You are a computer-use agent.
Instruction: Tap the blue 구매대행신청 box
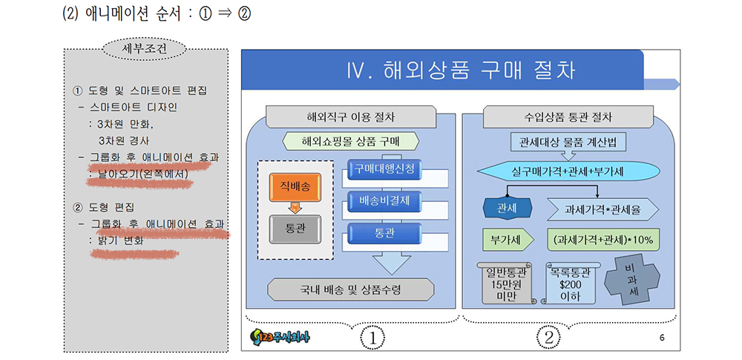384,169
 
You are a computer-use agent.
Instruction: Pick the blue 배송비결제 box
384,200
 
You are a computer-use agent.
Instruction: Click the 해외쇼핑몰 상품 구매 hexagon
350,141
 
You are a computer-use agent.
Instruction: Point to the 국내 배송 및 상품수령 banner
350,289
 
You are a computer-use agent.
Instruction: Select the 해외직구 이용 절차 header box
350,117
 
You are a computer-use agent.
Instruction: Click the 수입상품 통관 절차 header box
568,117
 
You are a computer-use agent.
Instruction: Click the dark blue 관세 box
507,208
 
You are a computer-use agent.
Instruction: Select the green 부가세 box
508,239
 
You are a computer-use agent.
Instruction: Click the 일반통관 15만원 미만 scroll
508,283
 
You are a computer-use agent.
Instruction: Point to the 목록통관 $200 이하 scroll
570,283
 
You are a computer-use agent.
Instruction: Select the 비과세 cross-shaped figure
632,281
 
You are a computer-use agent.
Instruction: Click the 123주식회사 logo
280,338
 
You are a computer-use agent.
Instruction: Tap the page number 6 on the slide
662,338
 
